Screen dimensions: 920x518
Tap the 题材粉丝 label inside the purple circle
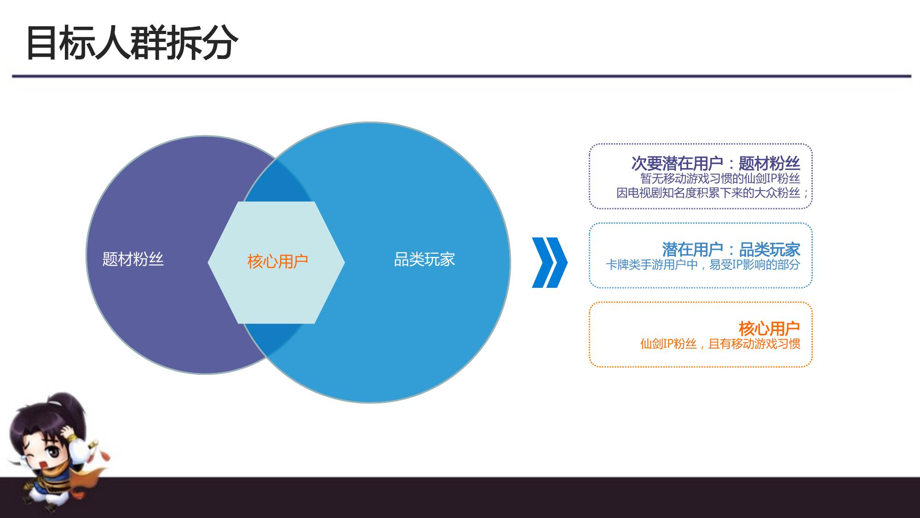click(x=133, y=260)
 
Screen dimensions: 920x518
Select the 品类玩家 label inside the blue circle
click(x=425, y=260)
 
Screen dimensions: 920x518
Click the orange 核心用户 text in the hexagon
click(x=277, y=262)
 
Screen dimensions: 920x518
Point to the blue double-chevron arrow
click(x=550, y=262)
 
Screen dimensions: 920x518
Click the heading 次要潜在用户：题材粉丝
click(x=716, y=163)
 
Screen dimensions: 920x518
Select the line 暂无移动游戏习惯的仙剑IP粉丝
click(x=720, y=178)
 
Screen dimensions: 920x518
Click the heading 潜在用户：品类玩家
click(x=731, y=250)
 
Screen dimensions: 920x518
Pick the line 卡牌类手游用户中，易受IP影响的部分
click(x=703, y=265)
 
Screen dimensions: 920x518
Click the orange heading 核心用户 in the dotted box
click(x=770, y=329)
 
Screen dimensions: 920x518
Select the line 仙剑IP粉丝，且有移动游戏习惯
click(x=720, y=344)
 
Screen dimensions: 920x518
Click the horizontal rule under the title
click(x=461, y=76)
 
